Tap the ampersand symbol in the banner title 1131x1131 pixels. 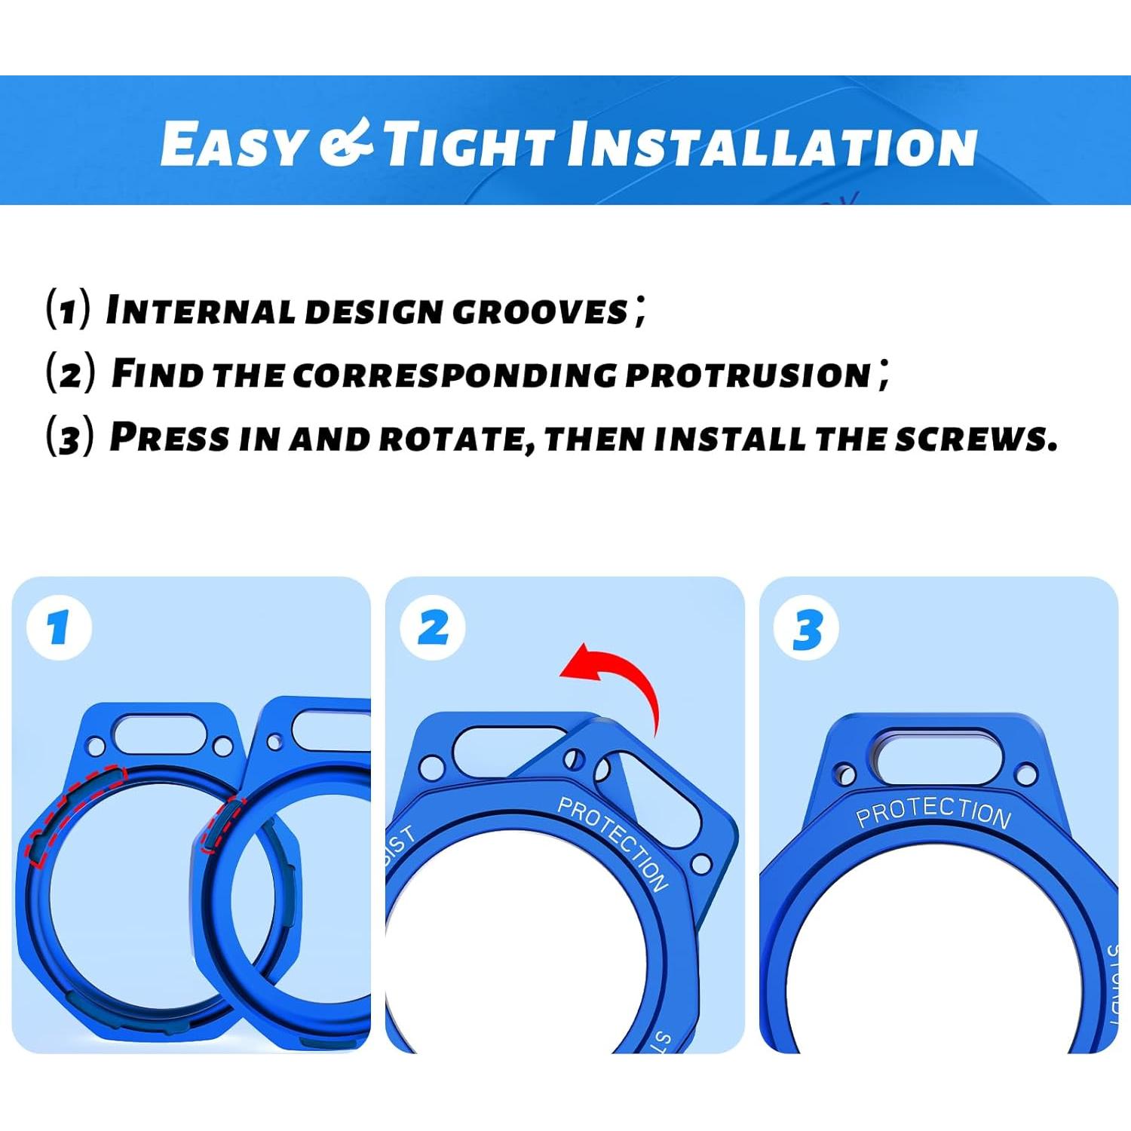click(x=345, y=143)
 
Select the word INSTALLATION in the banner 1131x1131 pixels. click(x=772, y=145)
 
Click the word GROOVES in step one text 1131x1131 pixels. click(x=540, y=311)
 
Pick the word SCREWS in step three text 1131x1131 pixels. click(x=976, y=438)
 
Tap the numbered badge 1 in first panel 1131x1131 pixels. click(x=59, y=627)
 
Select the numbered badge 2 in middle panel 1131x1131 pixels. click(x=433, y=627)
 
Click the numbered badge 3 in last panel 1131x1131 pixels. click(x=807, y=628)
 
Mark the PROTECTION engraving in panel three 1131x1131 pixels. click(x=933, y=811)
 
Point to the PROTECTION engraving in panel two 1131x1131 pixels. click(x=613, y=843)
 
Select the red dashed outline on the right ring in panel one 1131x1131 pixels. click(x=223, y=823)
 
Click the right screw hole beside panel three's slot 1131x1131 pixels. click(x=1025, y=774)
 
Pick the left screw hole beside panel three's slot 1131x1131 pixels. click(x=845, y=774)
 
